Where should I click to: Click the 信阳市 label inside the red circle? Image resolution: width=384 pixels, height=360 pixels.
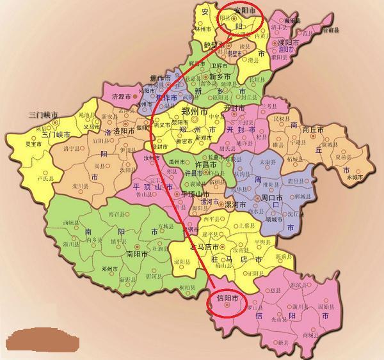pyautogui.click(x=229, y=298)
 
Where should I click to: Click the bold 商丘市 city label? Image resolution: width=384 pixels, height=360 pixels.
pyautogui.click(x=314, y=129)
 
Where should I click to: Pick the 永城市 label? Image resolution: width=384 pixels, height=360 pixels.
pyautogui.click(x=355, y=177)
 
